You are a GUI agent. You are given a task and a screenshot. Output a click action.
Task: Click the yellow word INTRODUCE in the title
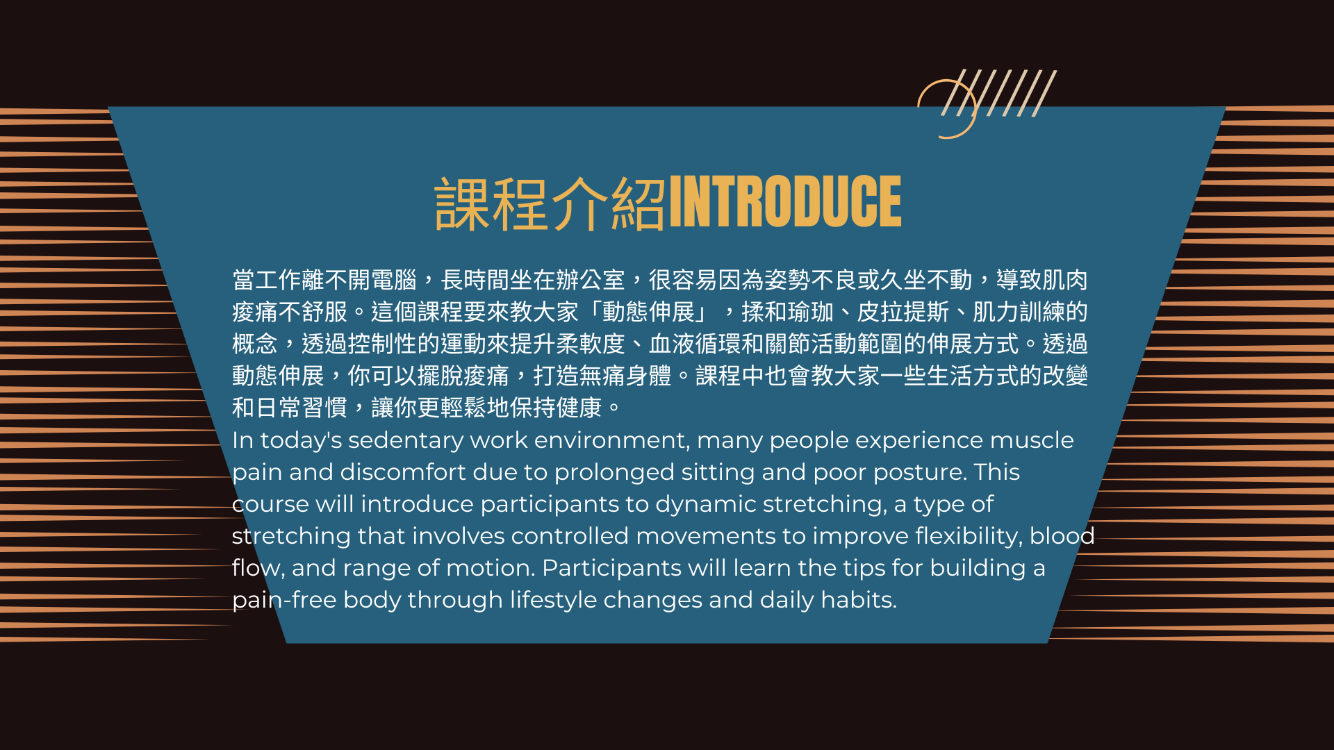pyautogui.click(x=785, y=201)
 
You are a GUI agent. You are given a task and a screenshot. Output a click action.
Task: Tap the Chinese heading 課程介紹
pyautogui.click(x=550, y=203)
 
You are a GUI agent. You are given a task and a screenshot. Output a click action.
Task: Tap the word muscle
pyautogui.click(x=1032, y=440)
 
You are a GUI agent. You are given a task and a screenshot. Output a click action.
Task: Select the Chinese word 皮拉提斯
pyautogui.click(x=903, y=312)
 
